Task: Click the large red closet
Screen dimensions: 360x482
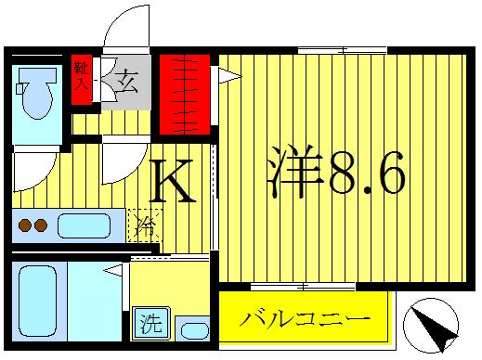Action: point(184,95)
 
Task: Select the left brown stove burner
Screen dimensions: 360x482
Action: point(25,224)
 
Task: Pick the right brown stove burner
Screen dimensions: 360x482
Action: point(42,224)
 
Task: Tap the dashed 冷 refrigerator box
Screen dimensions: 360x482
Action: point(143,224)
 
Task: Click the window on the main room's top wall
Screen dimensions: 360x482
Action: point(342,50)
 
